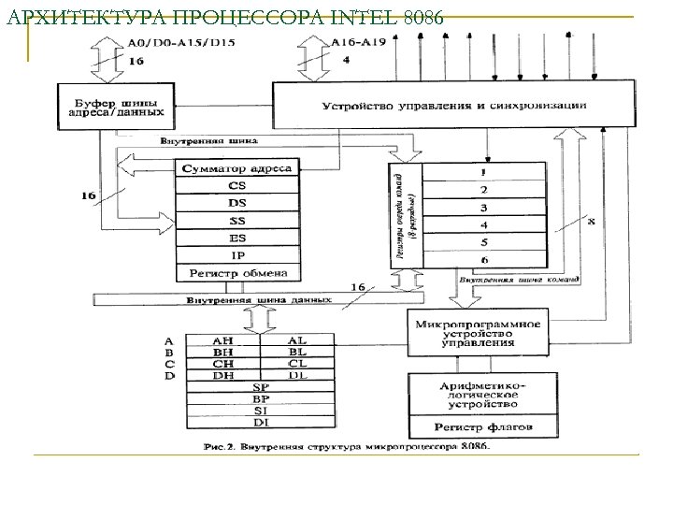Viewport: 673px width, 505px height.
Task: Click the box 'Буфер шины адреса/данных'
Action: pos(118,107)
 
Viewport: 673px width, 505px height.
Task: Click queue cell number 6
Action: pos(483,259)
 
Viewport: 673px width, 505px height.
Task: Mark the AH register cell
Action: pos(224,340)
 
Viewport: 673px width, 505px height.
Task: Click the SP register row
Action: pos(261,386)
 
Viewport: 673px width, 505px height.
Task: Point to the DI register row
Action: pos(261,422)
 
